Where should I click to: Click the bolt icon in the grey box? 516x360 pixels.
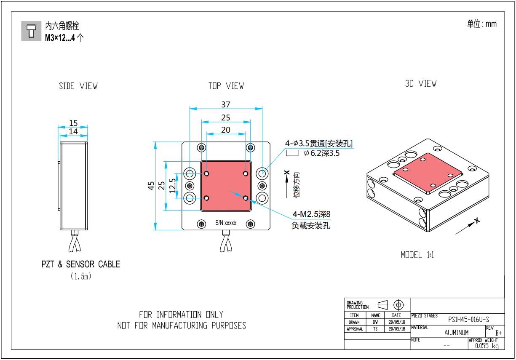pos(31,31)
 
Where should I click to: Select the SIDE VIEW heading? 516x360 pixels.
pos(78,86)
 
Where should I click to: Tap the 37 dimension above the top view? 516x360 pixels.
pos(226,104)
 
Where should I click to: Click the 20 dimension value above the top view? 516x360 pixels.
pos(226,130)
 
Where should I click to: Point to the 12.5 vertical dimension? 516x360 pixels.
pos(172,185)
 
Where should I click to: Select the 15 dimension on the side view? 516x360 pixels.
pos(74,123)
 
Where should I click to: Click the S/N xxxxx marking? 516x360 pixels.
pos(226,223)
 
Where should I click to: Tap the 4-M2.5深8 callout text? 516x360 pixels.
pos(311,214)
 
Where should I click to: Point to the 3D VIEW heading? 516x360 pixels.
pos(420,84)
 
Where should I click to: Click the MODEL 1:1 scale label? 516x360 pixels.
pos(417,255)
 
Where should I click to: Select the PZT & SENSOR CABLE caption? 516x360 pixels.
pos(81,264)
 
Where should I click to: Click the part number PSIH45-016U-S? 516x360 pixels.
pos(468,320)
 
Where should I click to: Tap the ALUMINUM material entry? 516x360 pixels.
pos(456,333)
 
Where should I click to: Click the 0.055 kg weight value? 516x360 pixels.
pos(487,346)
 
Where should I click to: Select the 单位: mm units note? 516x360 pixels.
pos(481,24)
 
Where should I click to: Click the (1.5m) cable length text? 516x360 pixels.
pos(81,277)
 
